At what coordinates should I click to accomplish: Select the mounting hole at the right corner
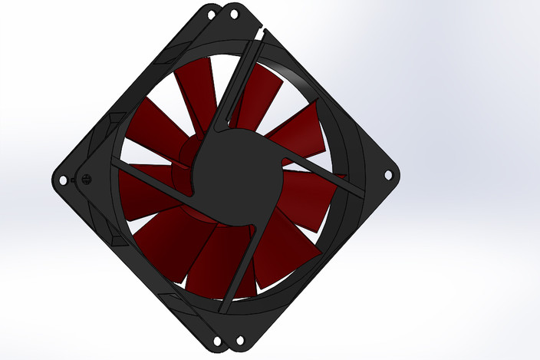pyautogui.click(x=387, y=175)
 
